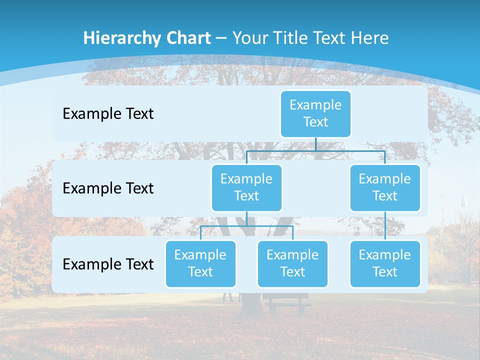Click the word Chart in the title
point(187,38)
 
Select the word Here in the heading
point(369,38)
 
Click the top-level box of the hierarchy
point(315,114)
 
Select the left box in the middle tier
point(246,187)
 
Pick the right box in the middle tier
point(385,187)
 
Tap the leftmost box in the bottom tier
point(200,263)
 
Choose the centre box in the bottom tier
point(292,263)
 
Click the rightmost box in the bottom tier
point(385,263)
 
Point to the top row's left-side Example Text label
point(108,114)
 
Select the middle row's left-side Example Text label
point(108,188)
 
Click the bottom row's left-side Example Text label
point(108,264)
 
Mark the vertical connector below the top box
point(315,144)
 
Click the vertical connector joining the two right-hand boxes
point(385,226)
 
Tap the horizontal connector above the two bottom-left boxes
point(246,226)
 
